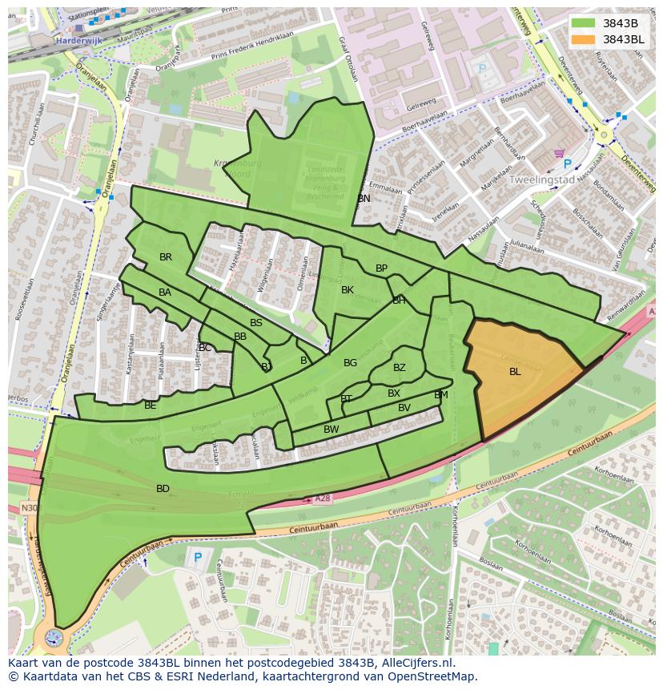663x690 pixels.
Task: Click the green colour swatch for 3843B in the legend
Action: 584,22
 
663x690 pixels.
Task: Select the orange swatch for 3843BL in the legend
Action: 584,38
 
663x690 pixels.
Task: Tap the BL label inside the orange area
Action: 515,371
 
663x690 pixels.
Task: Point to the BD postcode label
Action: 163,488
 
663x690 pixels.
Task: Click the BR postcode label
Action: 166,257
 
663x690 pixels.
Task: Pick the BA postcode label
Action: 165,293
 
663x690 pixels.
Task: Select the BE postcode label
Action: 151,406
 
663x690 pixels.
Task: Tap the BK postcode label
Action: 348,290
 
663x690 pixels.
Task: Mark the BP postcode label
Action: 382,268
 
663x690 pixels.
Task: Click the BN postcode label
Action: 364,198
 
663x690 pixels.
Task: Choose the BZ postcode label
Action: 400,368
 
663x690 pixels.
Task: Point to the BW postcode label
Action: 331,430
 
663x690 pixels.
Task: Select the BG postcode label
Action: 351,363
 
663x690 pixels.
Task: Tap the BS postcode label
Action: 256,323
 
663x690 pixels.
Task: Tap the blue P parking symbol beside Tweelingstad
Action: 568,164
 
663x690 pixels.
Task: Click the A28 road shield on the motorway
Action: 322,498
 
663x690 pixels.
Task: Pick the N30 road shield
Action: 29,508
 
